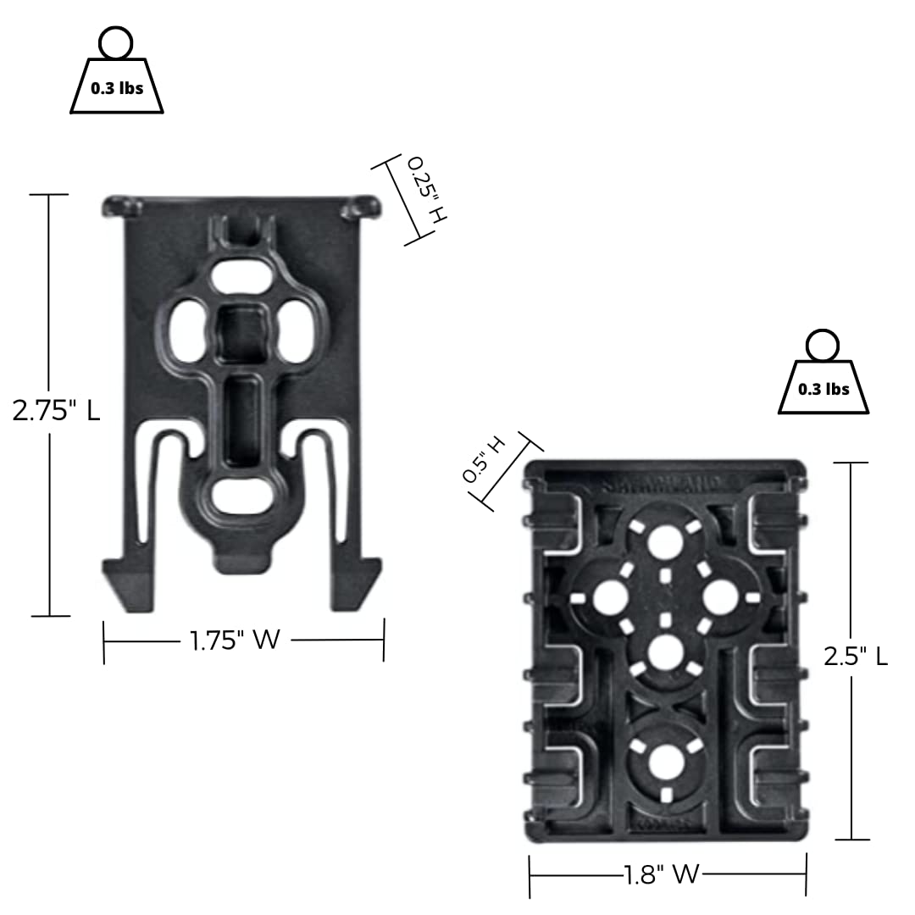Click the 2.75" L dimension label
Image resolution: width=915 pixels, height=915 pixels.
[56, 411]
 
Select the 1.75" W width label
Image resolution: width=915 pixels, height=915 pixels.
[235, 640]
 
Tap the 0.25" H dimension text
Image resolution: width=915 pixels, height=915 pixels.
[425, 190]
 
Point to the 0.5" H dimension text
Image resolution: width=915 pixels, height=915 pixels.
[484, 459]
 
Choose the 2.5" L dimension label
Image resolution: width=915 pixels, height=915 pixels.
[856, 656]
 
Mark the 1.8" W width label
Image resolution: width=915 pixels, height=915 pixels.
[663, 874]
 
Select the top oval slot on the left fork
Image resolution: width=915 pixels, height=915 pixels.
[243, 277]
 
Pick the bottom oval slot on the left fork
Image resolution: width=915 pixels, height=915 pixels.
[242, 496]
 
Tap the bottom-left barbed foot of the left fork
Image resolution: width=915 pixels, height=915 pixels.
[129, 584]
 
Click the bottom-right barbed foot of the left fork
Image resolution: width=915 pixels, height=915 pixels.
[356, 584]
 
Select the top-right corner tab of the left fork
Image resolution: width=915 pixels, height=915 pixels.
[362, 205]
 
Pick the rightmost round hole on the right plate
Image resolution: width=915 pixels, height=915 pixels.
[720, 596]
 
